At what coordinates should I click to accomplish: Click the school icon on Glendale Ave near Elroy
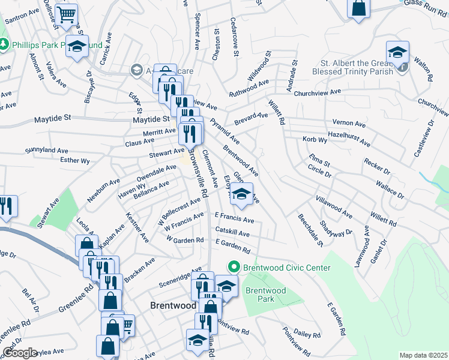241,194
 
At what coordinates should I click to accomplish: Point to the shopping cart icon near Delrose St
68,13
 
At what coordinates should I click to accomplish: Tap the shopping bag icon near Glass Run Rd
358,8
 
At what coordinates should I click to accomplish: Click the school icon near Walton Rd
397,52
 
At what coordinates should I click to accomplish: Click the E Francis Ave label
234,218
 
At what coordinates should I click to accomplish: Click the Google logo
20,353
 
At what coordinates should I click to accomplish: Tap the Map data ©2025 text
423,355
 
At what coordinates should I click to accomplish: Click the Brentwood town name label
173,305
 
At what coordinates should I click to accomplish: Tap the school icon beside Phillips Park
77,46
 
